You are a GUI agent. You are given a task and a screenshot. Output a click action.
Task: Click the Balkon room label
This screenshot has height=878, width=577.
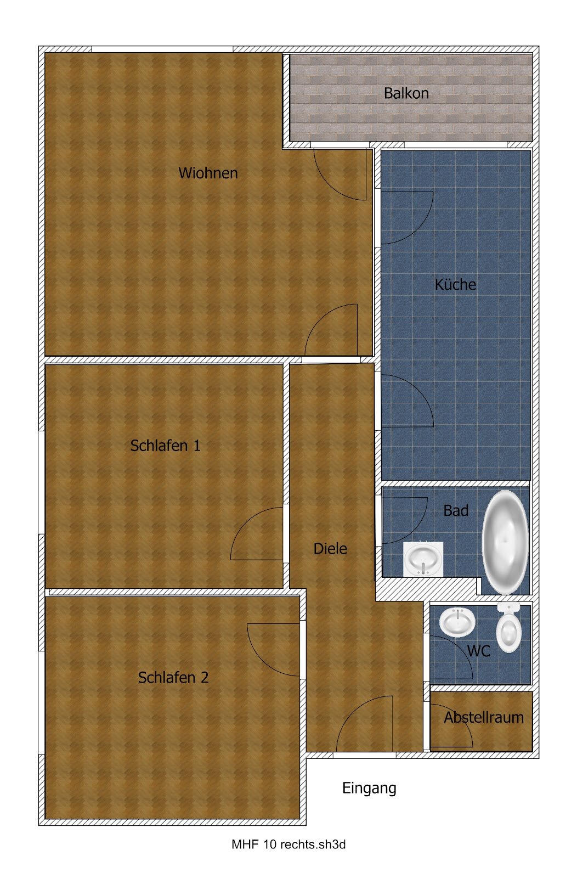(x=406, y=93)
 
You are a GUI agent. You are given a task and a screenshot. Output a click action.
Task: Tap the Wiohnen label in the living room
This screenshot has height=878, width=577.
(x=208, y=173)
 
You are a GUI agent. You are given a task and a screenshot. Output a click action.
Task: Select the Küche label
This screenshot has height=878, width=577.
(x=456, y=284)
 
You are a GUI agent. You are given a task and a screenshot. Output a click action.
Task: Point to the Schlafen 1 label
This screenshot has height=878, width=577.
(x=165, y=446)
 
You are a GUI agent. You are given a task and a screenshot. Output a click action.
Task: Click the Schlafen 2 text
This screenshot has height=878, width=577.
(x=173, y=678)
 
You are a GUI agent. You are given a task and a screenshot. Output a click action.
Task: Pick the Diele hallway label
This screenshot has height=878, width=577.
(x=330, y=549)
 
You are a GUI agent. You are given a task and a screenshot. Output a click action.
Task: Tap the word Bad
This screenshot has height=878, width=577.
(x=456, y=511)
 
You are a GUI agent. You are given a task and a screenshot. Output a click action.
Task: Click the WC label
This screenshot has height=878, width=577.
(x=479, y=651)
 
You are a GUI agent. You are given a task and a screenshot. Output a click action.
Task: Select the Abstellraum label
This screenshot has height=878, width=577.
(x=484, y=717)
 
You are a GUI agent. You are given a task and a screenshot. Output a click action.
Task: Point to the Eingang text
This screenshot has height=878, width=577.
(x=369, y=788)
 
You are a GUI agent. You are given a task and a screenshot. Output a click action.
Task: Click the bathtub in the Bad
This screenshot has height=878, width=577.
(x=505, y=542)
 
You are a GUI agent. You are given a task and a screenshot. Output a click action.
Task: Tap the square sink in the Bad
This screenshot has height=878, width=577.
(x=423, y=559)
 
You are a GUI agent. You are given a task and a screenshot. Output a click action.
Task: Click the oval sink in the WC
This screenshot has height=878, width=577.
(x=457, y=622)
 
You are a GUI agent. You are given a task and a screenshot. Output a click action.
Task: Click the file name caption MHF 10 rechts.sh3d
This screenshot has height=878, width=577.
(x=288, y=845)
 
